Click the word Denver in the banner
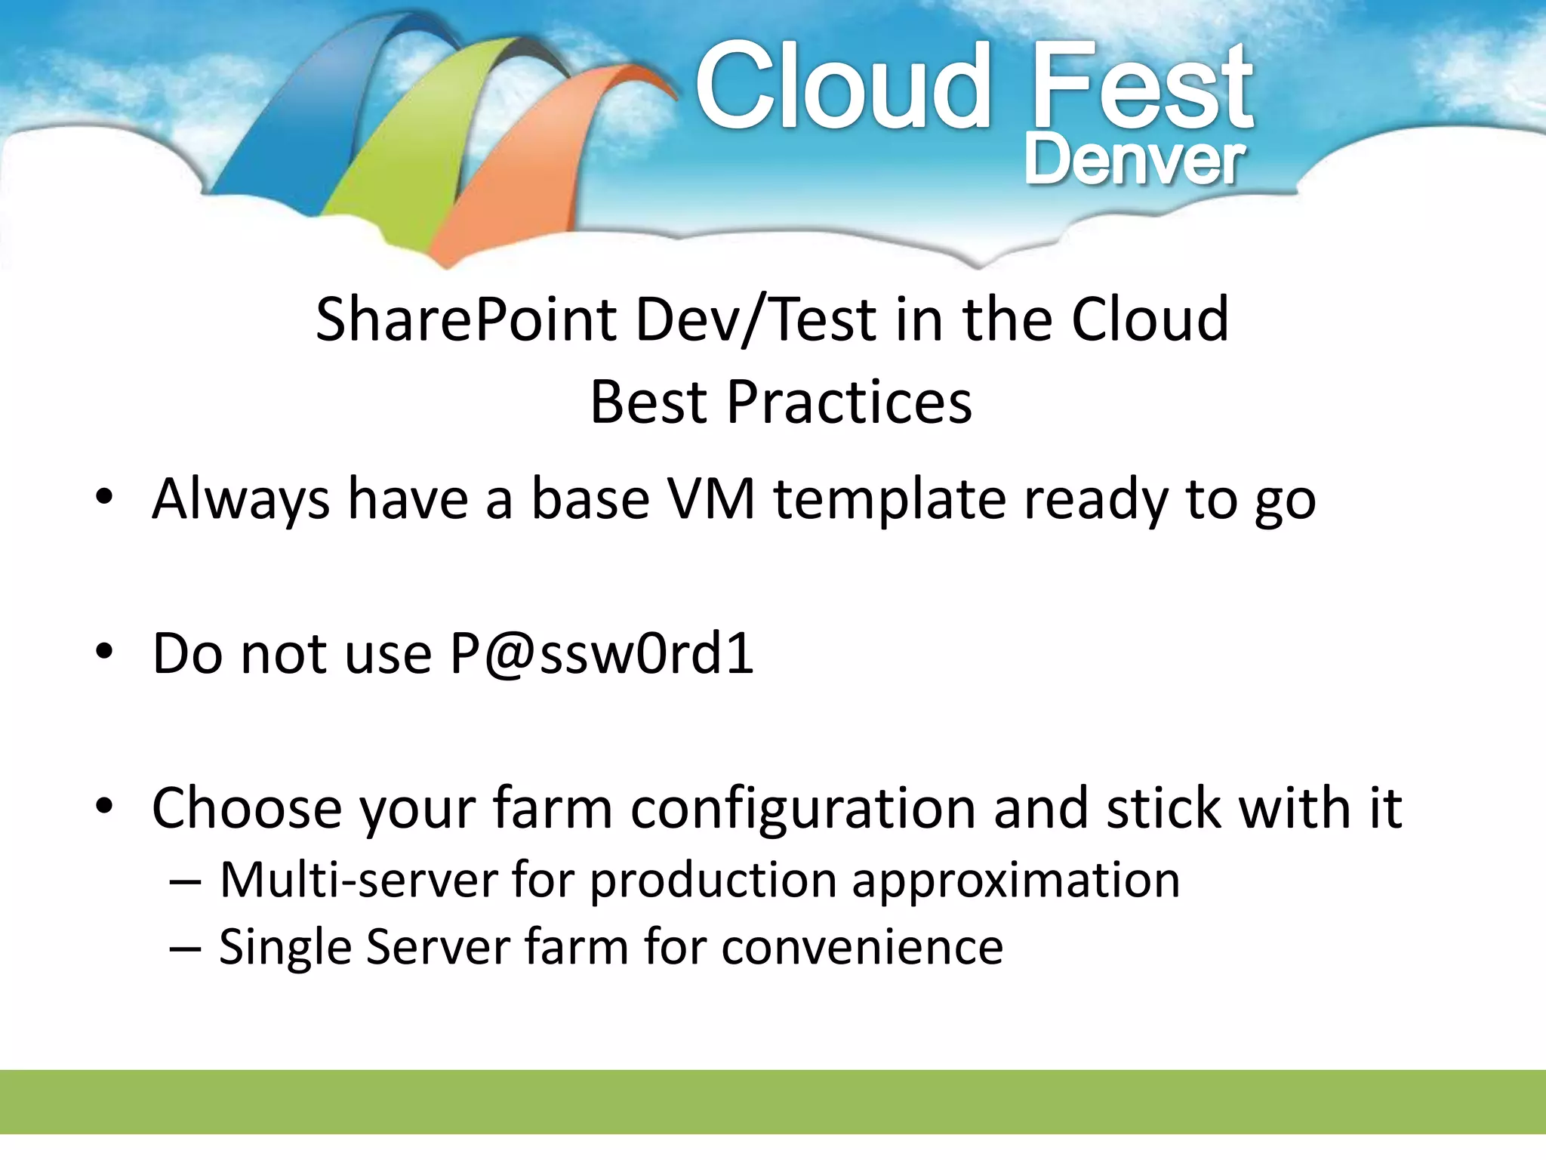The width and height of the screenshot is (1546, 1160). click(x=1134, y=161)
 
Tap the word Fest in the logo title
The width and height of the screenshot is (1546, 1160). click(x=1141, y=87)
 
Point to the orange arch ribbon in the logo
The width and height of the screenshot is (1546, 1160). click(x=521, y=174)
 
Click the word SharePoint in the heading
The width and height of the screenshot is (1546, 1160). click(x=466, y=319)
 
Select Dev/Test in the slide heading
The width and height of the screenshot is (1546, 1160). click(x=755, y=319)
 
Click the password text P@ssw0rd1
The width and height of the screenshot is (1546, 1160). click(x=602, y=654)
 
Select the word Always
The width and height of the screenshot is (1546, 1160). click(x=240, y=499)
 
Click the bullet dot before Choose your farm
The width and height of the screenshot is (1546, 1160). click(x=104, y=807)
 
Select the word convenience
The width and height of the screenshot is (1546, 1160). click(x=862, y=947)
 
